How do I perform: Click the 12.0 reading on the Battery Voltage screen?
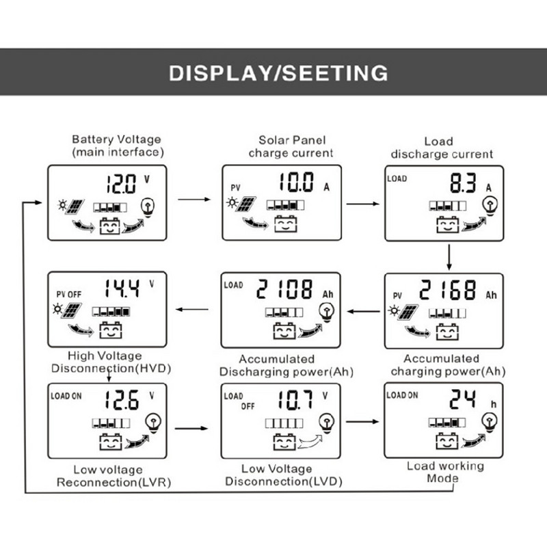point(122,183)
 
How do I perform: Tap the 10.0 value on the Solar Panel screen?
point(296,183)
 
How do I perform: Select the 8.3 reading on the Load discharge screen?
point(464,183)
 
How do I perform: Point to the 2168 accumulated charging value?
point(447,291)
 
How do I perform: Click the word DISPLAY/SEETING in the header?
point(278,73)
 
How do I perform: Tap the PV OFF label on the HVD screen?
point(68,294)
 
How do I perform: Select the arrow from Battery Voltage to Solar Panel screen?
point(194,200)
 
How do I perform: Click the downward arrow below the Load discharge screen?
point(449,256)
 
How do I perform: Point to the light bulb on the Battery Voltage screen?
point(148,206)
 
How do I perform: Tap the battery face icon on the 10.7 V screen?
point(284,442)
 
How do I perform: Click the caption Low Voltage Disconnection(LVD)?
point(283,475)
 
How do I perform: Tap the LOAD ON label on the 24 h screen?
point(402,395)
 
